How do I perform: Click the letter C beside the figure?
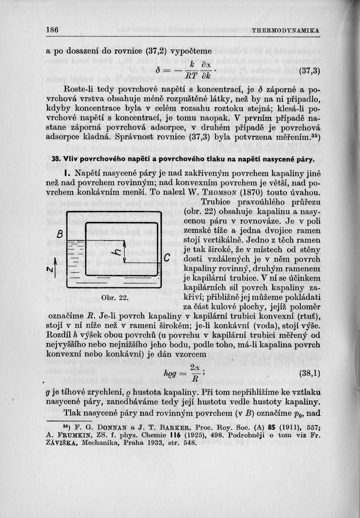click(x=167, y=258)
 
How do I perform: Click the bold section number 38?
click(x=55, y=160)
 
